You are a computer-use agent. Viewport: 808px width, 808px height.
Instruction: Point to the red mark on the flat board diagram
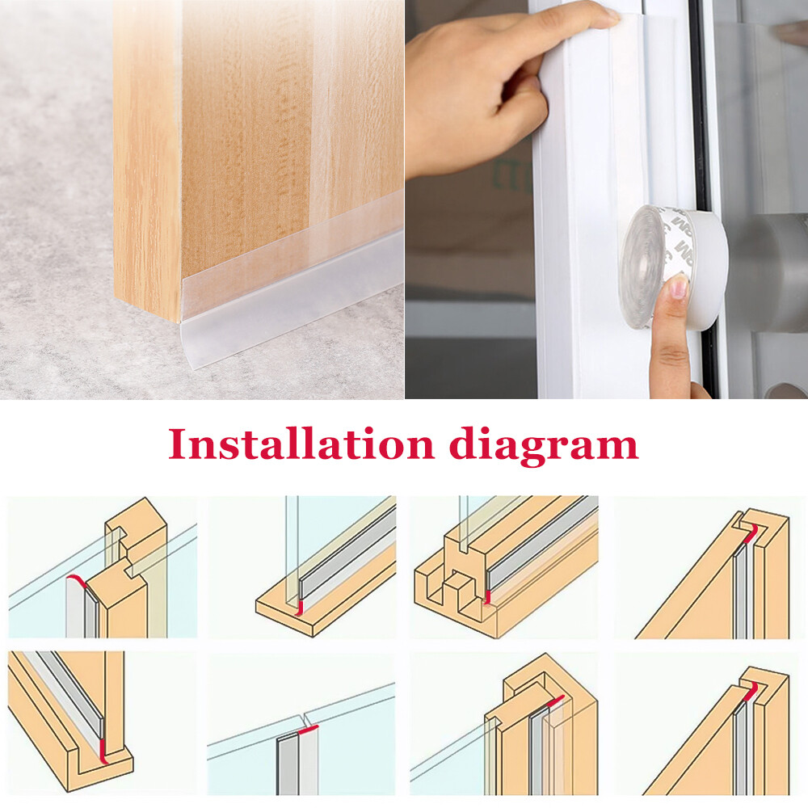pyautogui.click(x=298, y=607)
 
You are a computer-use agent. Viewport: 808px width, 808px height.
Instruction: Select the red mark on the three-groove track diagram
pyautogui.click(x=488, y=597)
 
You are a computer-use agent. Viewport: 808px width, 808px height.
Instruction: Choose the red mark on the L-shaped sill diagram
pyautogui.click(x=102, y=751)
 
